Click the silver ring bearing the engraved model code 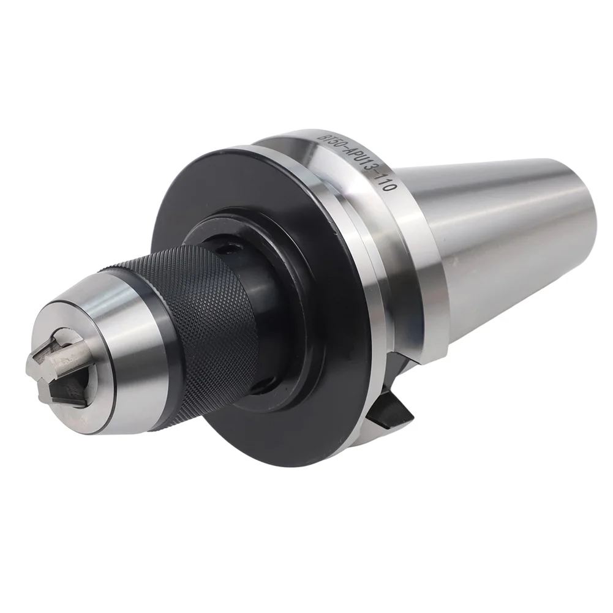coord(392,257)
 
